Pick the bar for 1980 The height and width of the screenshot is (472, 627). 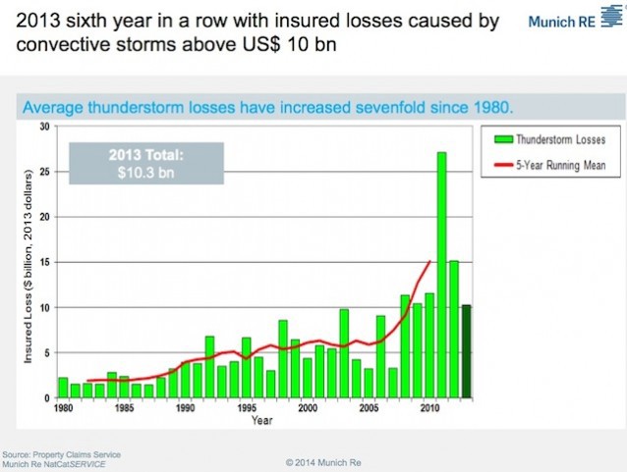[63, 388]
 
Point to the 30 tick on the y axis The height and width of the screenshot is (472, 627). [44, 127]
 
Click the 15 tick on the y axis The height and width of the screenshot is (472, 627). [44, 262]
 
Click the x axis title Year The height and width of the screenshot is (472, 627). [260, 420]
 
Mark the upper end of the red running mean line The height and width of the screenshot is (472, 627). [429, 261]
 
